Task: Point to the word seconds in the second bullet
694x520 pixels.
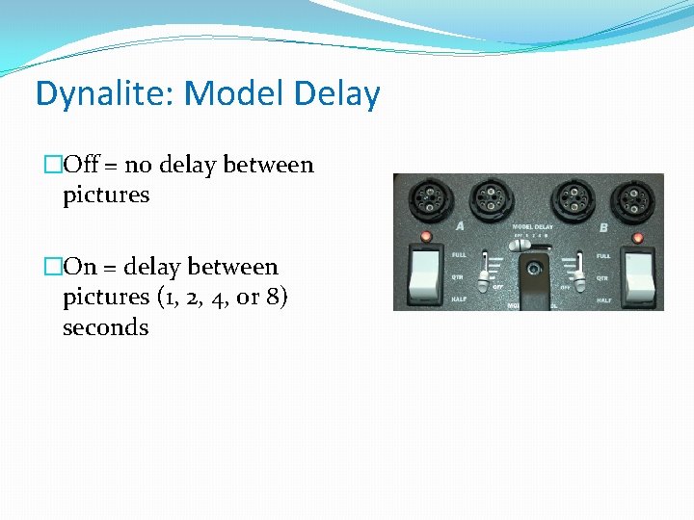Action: pyautogui.click(x=105, y=327)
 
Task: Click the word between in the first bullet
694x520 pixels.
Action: pyautogui.click(x=268, y=165)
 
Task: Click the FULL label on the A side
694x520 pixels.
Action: pyautogui.click(x=460, y=255)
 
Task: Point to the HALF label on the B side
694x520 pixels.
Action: pyautogui.click(x=603, y=300)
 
